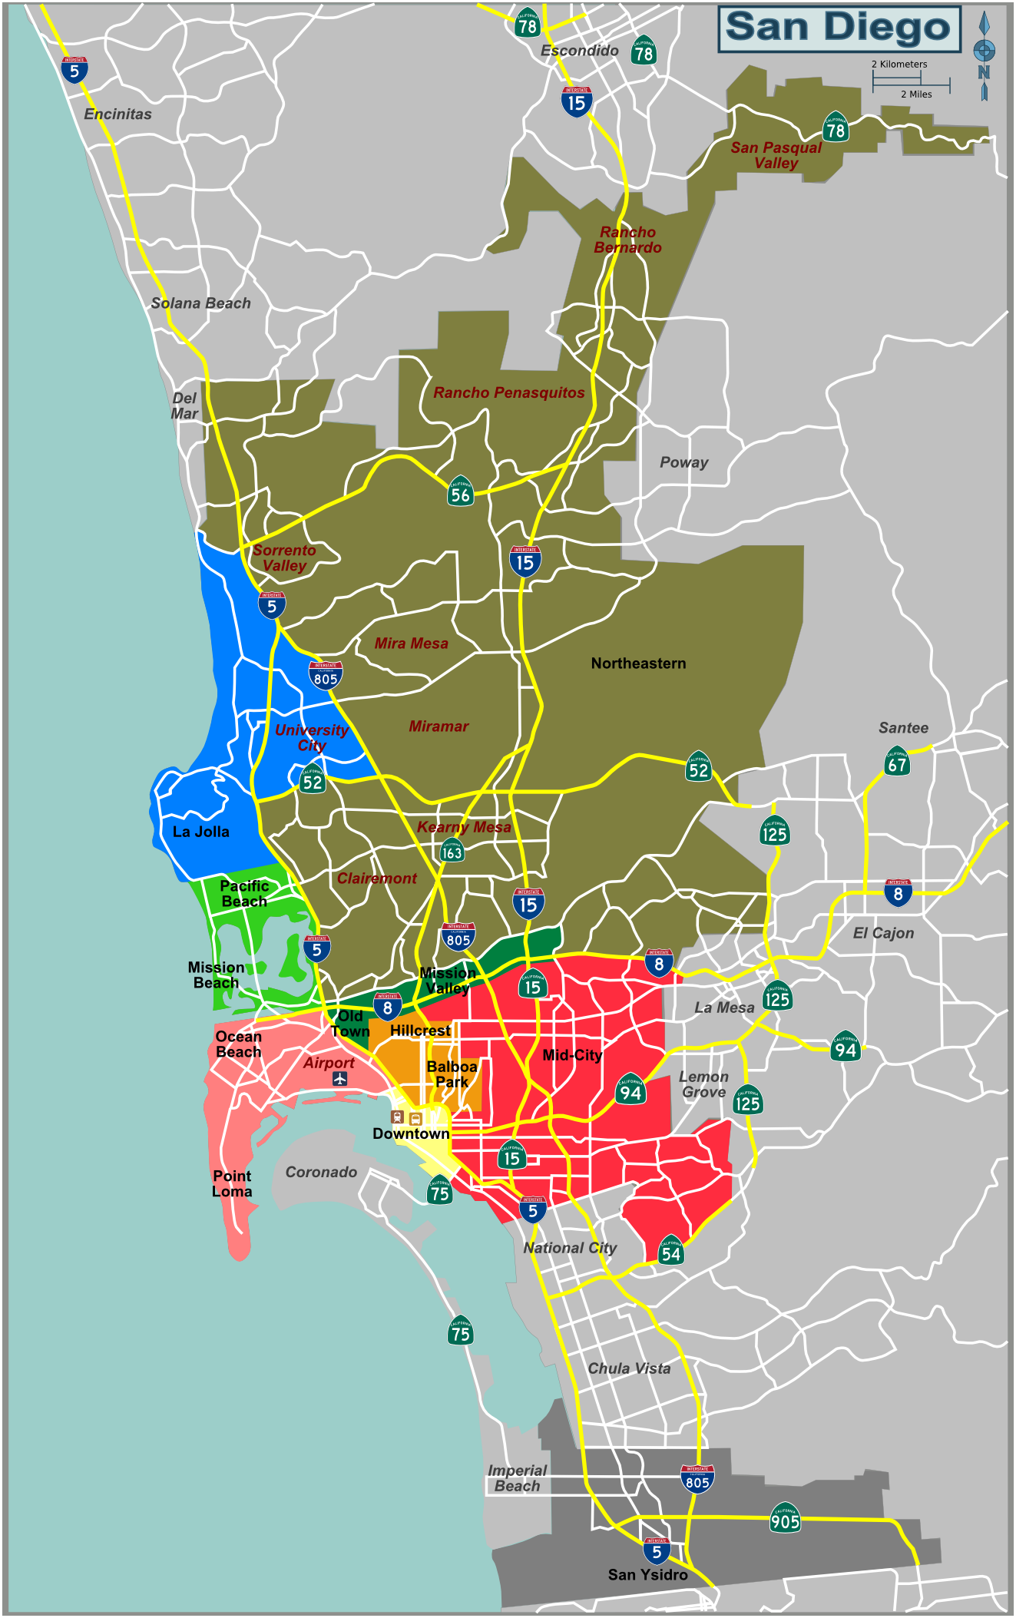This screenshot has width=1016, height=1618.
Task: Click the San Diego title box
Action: (x=839, y=28)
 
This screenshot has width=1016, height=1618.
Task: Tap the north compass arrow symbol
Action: (x=984, y=53)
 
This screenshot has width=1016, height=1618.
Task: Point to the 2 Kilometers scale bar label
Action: (x=899, y=65)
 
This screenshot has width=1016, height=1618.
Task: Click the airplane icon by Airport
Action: (x=340, y=1078)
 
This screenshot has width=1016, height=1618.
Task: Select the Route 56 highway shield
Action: (x=460, y=493)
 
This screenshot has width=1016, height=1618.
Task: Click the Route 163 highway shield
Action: (x=452, y=851)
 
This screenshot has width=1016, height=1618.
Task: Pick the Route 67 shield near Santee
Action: (x=897, y=763)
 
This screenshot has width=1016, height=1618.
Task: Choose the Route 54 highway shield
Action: (x=670, y=1252)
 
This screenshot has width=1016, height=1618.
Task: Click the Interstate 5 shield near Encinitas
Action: (x=74, y=70)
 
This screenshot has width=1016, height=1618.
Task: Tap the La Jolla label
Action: (x=200, y=832)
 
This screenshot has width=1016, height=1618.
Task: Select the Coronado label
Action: (x=321, y=1172)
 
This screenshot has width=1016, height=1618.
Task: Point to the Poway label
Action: (x=683, y=462)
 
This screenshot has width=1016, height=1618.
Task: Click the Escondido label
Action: (x=579, y=51)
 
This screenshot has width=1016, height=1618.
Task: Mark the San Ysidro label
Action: (x=647, y=1574)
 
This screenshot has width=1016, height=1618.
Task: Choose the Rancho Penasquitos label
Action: (x=508, y=392)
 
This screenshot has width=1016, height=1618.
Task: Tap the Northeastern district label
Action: (x=638, y=663)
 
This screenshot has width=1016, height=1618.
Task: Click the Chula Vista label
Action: (x=629, y=1368)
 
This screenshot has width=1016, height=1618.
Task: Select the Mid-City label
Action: (x=571, y=1055)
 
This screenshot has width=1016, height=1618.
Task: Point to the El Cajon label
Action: (x=883, y=933)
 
